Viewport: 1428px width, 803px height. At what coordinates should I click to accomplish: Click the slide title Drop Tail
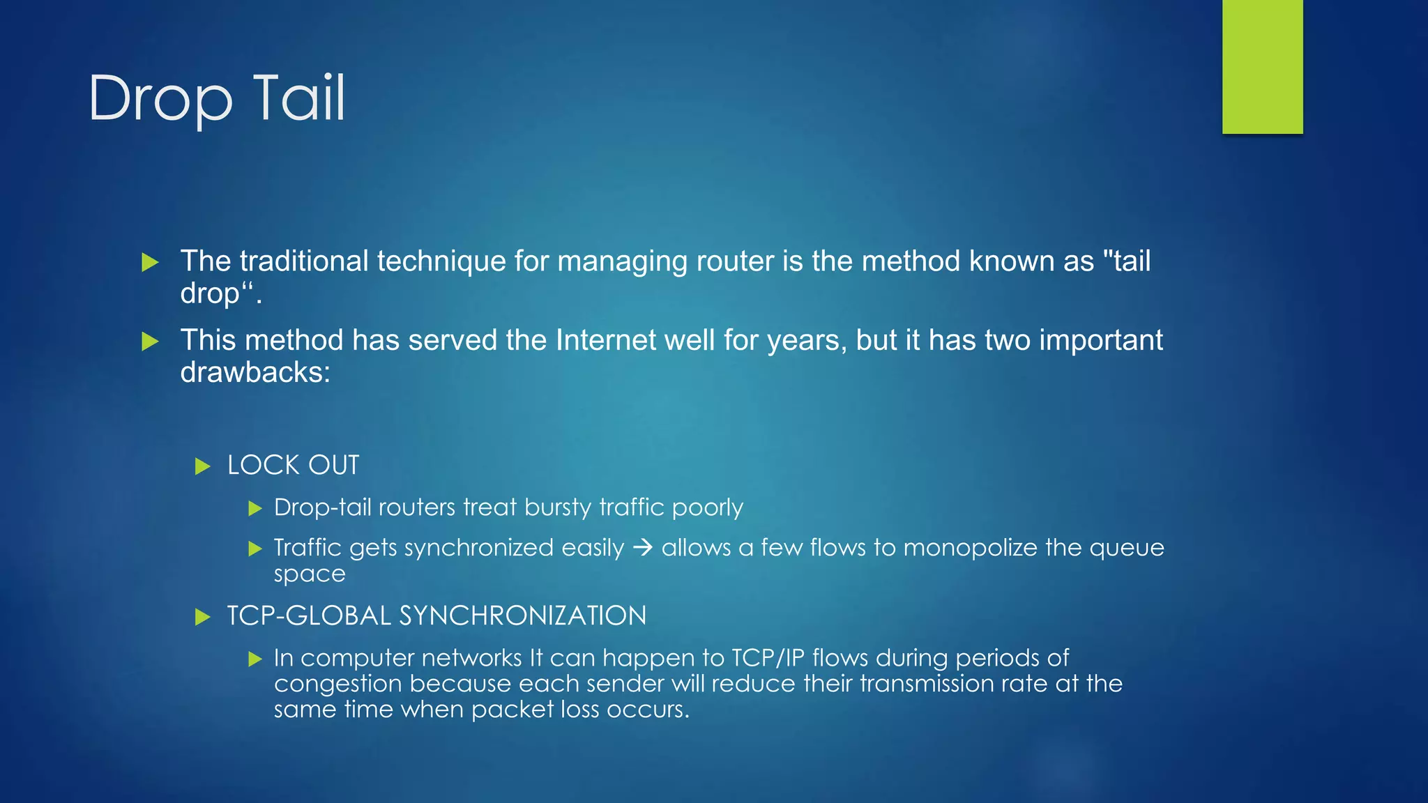(217, 98)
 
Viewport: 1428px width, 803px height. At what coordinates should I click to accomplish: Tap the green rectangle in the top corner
(1262, 66)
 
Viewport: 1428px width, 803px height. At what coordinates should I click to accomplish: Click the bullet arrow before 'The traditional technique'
(150, 263)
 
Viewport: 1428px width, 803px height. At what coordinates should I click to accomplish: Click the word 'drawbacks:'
(255, 372)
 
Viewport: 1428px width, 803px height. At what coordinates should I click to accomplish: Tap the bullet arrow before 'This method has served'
(150, 342)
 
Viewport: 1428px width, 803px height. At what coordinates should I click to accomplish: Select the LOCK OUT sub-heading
(293, 465)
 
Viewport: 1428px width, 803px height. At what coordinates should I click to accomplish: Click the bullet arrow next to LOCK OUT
(202, 466)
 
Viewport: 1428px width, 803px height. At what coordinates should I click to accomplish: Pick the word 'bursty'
(558, 507)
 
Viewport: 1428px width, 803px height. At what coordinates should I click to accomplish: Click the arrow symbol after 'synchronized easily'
(642, 548)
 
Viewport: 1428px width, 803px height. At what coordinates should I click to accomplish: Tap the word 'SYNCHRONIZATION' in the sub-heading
(522, 615)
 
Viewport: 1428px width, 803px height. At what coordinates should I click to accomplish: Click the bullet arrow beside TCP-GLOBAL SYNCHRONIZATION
(202, 617)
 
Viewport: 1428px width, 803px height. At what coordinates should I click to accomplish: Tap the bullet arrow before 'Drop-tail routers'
(255, 508)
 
